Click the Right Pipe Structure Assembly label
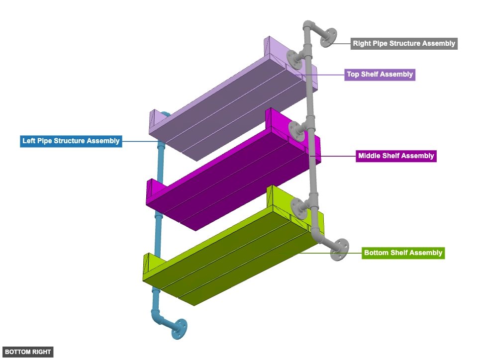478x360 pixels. pos(403,43)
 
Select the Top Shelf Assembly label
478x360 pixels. pos(380,75)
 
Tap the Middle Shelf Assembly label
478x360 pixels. pos(396,156)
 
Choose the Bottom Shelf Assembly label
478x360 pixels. pos(403,253)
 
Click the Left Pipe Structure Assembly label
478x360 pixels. pos(71,141)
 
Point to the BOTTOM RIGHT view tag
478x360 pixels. pos(28,352)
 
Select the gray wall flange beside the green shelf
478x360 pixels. pos(340,249)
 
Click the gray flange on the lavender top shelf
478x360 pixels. pos(295,60)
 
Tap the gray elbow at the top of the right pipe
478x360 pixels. pos(308,26)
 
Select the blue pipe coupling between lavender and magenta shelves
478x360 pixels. pos(161,149)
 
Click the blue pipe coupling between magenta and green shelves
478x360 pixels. pos(158,219)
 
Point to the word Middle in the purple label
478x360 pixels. pos(369,156)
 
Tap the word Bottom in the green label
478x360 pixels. pos(376,253)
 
